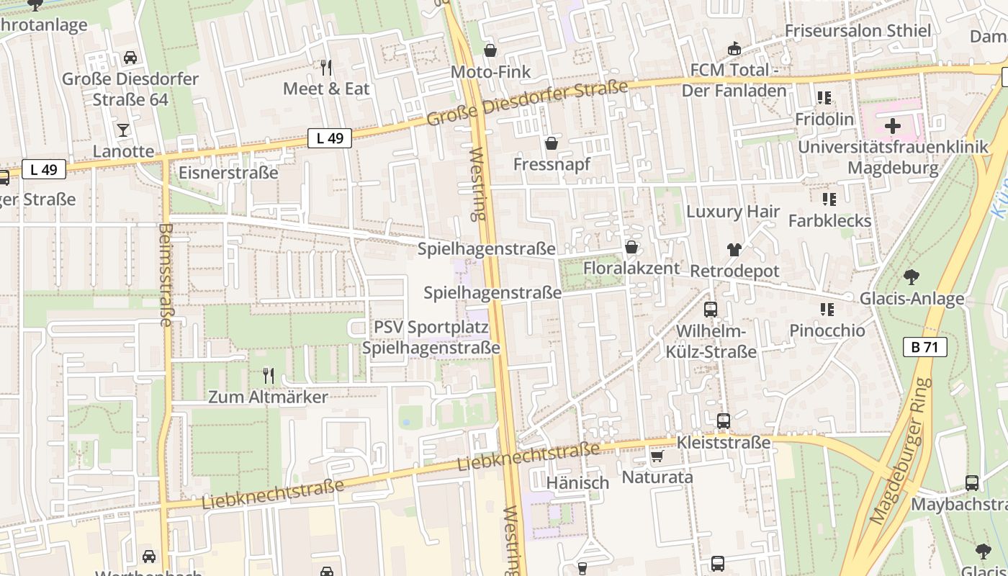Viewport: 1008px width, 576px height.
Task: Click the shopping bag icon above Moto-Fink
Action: coord(490,50)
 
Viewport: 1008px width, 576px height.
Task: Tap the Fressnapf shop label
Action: coord(552,164)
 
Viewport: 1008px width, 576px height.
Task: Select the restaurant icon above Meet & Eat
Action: coord(326,68)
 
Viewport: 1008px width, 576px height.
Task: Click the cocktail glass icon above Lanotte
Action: coord(123,130)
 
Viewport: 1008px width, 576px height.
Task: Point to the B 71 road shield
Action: coord(924,347)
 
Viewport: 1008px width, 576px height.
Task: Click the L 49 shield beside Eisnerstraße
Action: coord(330,138)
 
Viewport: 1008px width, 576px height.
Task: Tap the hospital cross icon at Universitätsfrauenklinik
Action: coord(893,127)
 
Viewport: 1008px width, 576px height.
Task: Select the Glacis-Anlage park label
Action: coord(912,298)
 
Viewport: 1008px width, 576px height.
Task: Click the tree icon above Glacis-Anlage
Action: coord(912,276)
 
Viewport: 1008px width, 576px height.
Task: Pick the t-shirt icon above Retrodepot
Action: coord(734,250)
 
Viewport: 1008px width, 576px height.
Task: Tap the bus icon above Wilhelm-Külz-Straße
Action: coord(711,310)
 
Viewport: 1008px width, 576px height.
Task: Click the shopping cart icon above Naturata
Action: coord(657,456)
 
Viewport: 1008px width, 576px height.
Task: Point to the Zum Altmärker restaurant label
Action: coord(268,397)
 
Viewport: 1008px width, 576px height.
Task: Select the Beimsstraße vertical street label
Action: coord(166,275)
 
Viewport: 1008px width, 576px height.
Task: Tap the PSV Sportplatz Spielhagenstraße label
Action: coord(431,338)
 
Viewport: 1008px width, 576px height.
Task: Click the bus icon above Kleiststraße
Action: coord(724,421)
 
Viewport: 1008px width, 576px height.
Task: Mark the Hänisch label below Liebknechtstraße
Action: coord(577,482)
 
